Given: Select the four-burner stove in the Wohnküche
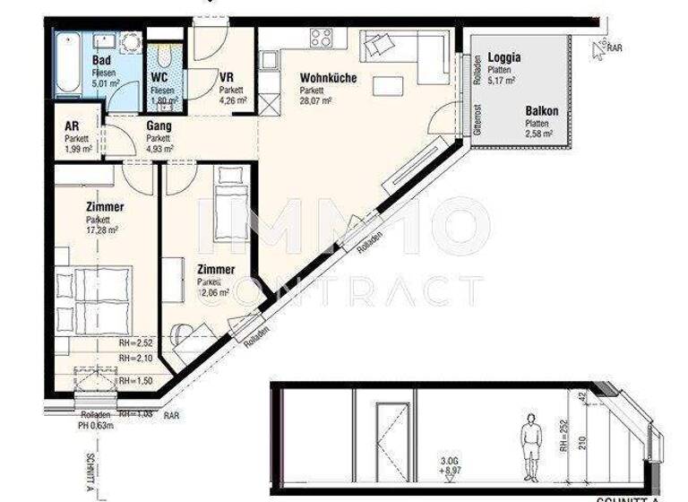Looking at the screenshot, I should [x=321, y=38].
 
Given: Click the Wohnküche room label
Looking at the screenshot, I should [x=327, y=78].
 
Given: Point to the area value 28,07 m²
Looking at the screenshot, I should [x=315, y=102].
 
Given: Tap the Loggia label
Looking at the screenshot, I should [x=504, y=57].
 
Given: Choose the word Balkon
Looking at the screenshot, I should [x=541, y=111].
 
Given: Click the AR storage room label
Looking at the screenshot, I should [x=72, y=126].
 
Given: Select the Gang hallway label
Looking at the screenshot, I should [x=159, y=126].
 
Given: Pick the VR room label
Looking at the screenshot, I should [x=227, y=77].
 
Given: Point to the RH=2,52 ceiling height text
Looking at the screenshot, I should [x=136, y=342].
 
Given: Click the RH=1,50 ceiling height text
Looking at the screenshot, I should [x=136, y=381].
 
